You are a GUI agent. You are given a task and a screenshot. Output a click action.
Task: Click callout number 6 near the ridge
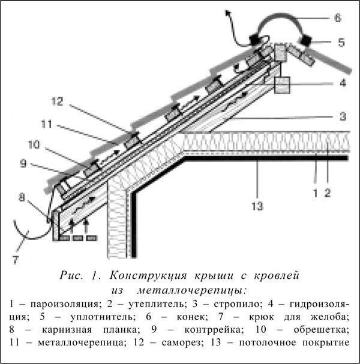pyautogui.click(x=337, y=19)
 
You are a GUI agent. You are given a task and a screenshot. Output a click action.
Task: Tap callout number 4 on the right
pyautogui.click(x=342, y=83)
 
